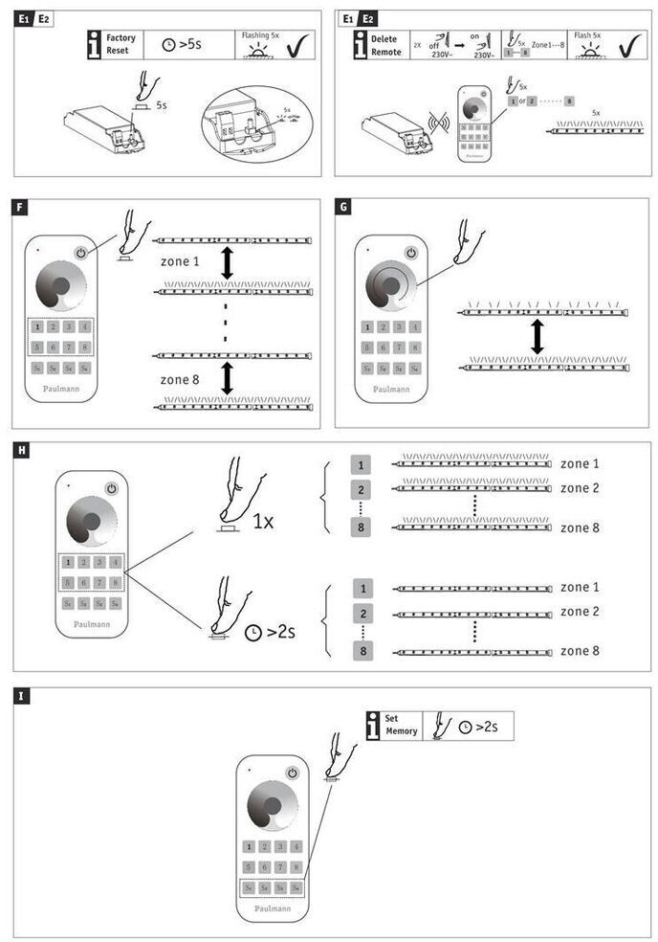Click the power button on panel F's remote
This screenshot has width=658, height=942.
coord(81,254)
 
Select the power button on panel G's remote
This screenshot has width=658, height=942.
coord(410,253)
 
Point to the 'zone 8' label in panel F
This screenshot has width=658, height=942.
coord(181,379)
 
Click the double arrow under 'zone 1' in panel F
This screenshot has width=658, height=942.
coord(227,263)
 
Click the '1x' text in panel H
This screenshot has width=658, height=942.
coord(264,522)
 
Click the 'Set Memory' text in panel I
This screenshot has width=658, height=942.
coord(402,725)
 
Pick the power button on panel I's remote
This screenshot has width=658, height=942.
coord(293,773)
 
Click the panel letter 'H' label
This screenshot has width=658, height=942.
coord(21,448)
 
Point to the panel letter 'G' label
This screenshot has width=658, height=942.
coord(344,205)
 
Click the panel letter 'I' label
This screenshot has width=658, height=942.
coord(21,695)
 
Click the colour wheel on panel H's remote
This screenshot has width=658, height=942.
coord(90,523)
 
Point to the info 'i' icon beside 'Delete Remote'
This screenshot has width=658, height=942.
coord(360,44)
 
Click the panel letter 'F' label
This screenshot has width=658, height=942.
coord(21,205)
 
